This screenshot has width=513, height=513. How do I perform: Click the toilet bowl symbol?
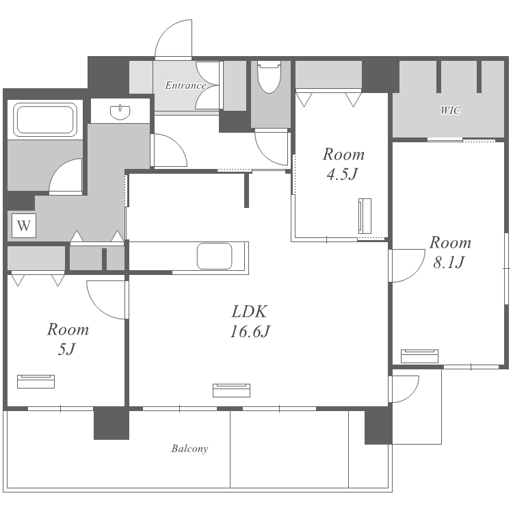click(x=269, y=77)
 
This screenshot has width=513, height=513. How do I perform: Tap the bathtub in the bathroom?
click(x=45, y=120)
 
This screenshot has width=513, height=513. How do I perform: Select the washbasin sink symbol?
click(x=120, y=112)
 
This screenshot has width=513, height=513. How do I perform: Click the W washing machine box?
click(x=24, y=226)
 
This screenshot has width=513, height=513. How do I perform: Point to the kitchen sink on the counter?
click(x=214, y=256)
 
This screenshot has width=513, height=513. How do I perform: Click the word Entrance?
click(x=185, y=85)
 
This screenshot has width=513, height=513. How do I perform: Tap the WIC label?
click(x=451, y=111)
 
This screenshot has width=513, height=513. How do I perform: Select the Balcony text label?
click(x=189, y=449)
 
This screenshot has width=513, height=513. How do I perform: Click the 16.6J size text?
click(x=250, y=332)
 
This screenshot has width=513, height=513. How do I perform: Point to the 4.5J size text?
click(x=343, y=174)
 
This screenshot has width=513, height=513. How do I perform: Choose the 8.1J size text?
click(x=449, y=263)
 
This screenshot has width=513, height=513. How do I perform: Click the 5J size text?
click(x=67, y=349)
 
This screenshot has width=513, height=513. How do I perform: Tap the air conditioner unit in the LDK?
click(x=232, y=391)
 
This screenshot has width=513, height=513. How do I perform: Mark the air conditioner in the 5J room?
click(x=36, y=382)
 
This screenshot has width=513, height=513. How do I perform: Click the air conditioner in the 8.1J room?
click(x=419, y=356)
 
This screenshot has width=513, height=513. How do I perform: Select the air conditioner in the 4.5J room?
click(x=365, y=216)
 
